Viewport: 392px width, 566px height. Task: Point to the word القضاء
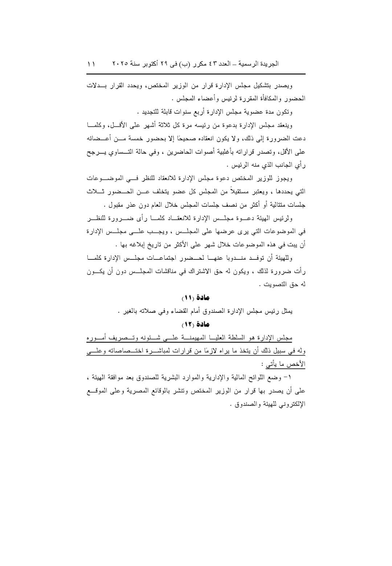[x=177, y=311]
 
